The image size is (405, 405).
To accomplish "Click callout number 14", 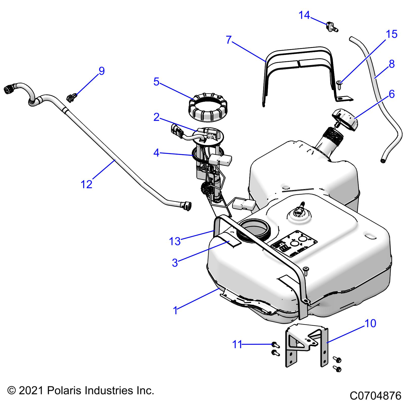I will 304,15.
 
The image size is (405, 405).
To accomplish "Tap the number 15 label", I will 392,34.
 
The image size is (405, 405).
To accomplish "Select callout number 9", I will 102,71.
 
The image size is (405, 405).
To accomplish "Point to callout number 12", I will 86,184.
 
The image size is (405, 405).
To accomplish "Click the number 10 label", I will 371,323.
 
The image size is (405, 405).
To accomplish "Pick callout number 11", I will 237,344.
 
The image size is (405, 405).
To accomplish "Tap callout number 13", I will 175,241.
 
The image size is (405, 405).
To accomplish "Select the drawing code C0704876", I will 375,396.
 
